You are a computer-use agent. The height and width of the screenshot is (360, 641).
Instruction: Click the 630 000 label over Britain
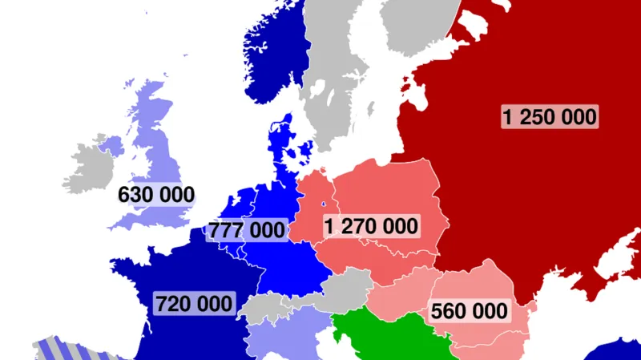point(156,195)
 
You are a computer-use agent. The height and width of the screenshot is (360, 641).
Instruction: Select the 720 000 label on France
point(195,304)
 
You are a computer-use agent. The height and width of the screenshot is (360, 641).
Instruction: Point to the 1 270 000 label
point(371,226)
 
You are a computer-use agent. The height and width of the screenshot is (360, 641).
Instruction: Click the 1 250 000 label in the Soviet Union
point(550,116)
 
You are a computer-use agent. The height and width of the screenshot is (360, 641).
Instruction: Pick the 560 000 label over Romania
point(469,310)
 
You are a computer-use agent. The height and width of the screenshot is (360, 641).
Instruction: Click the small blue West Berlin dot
point(324,203)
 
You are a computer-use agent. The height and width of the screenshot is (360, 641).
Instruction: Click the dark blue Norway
point(276,64)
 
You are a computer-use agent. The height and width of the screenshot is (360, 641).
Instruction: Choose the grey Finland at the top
point(417,32)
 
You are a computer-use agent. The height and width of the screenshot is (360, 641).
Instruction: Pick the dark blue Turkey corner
point(617,353)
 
